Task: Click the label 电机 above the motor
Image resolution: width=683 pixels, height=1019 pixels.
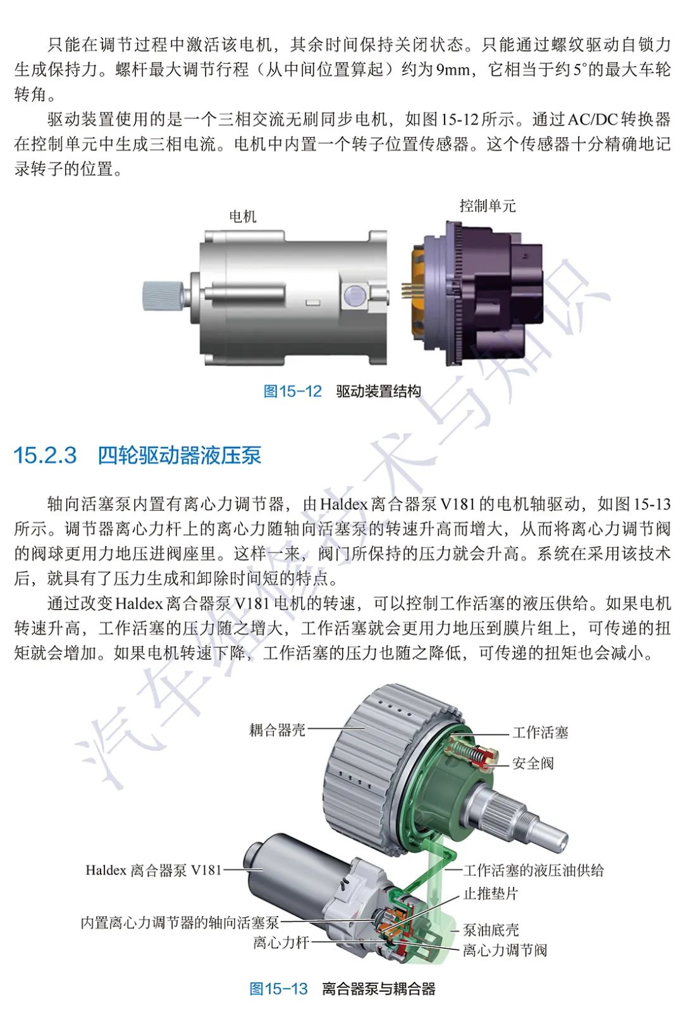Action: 243,216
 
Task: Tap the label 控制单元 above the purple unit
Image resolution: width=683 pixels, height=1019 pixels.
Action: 488,205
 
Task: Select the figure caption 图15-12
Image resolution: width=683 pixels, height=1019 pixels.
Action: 293,391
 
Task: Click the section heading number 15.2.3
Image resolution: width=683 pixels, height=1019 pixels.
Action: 45,455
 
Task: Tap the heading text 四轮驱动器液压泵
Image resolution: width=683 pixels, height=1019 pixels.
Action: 180,455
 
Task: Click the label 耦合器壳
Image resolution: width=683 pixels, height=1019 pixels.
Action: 277,729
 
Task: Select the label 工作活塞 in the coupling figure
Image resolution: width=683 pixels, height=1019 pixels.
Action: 540,733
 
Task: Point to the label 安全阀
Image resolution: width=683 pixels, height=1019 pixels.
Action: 533,763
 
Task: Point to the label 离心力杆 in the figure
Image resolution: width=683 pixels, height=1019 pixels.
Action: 281,942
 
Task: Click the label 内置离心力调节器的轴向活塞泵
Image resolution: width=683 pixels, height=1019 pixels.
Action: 180,922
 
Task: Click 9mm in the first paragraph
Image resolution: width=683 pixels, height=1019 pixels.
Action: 453,70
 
